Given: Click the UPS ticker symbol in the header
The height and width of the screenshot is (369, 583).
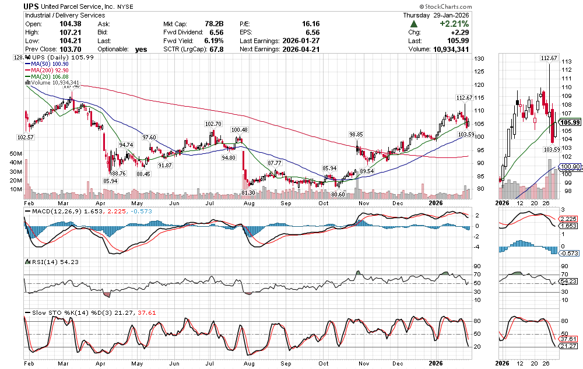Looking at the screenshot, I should pos(31,6).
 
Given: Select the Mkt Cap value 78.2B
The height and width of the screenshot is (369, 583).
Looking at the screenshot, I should pos(212,23).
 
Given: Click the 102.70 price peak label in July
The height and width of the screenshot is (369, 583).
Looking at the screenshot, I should pos(213,124).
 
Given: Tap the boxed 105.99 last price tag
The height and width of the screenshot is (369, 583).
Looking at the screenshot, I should pos(568,122).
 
